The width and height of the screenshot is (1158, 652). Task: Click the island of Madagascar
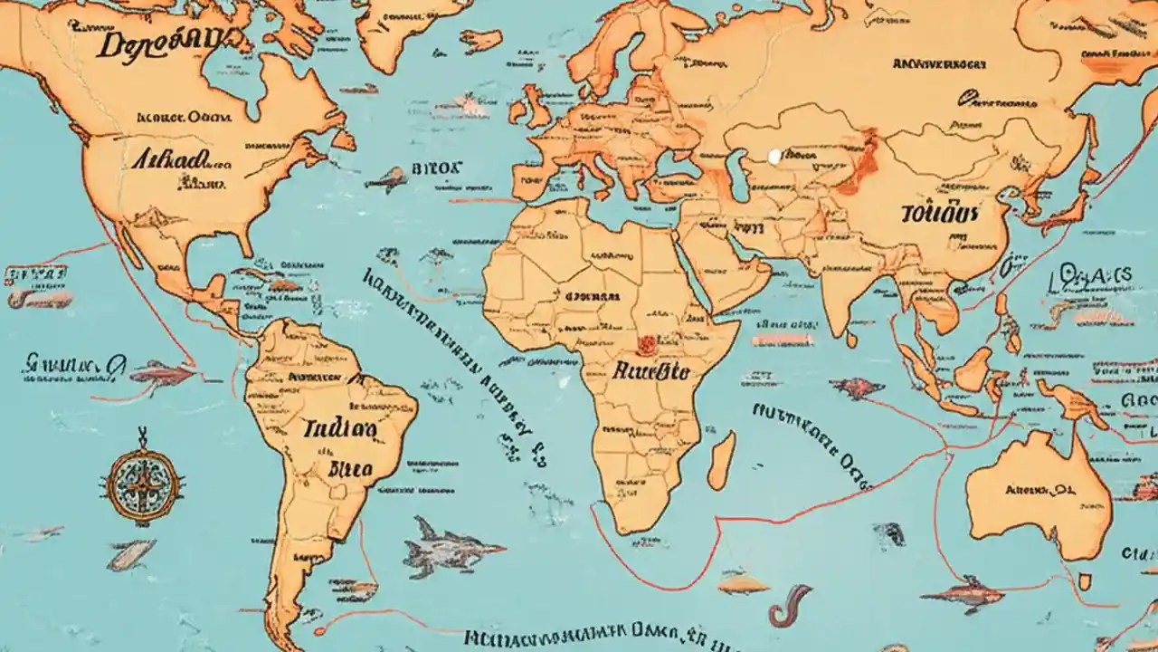point(721,460)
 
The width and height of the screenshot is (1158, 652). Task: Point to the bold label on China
point(941,214)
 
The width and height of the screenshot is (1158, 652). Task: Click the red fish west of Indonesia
point(855,388)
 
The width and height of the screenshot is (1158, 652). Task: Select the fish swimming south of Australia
point(963,595)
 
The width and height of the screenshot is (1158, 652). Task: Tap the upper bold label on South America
point(340,427)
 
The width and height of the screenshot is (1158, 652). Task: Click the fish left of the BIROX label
point(386,179)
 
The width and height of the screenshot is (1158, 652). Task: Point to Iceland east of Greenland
point(482,41)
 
